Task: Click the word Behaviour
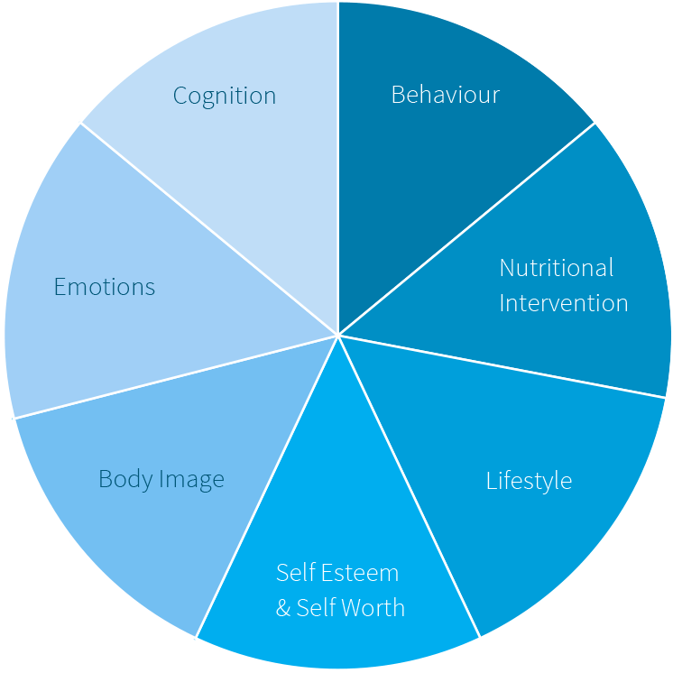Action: (445, 95)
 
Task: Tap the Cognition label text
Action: (225, 96)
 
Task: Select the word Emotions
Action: (105, 287)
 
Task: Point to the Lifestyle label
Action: (529, 480)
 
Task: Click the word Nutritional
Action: (557, 268)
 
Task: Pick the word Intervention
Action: (564, 302)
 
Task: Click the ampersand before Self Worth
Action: (283, 608)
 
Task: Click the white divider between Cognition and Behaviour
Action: (337, 135)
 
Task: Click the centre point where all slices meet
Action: (338, 336)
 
